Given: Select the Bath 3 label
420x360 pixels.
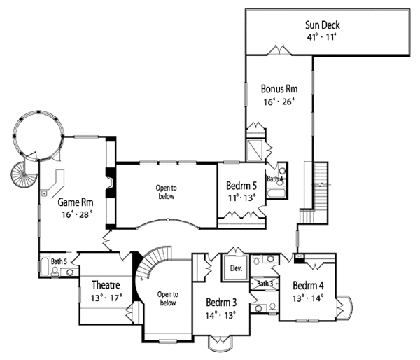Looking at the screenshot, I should click(265, 284).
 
